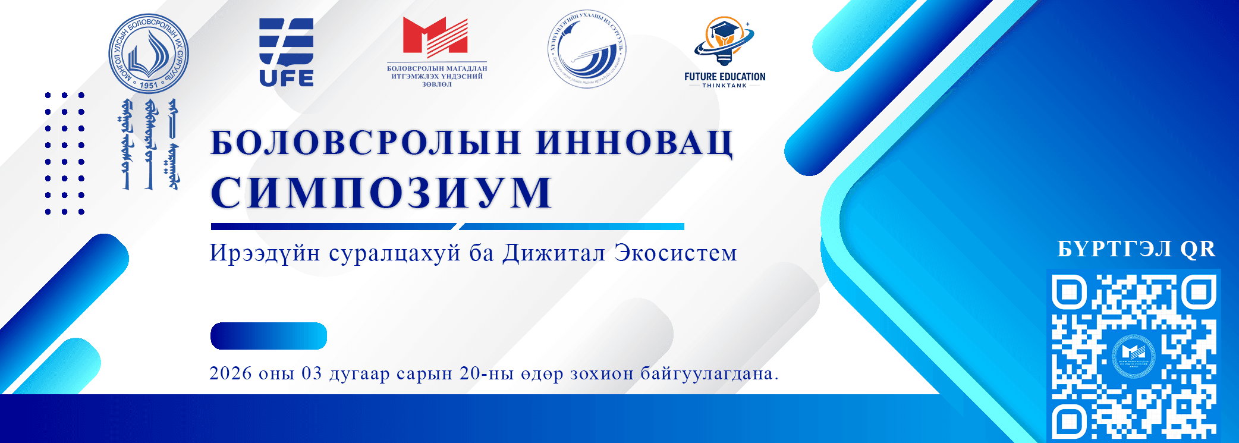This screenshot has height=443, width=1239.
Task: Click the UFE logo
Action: click(x=286, y=52)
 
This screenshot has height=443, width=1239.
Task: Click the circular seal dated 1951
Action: click(x=148, y=54)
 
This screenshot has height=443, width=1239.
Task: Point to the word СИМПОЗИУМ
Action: click(x=381, y=193)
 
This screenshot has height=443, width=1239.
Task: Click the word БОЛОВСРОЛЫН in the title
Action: click(x=366, y=143)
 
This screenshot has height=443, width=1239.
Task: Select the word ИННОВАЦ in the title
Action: click(x=634, y=143)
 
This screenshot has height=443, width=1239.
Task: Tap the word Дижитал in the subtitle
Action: click(x=554, y=253)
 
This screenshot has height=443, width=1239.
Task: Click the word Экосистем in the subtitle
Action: click(x=676, y=253)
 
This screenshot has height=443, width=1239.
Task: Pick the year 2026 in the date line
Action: click(x=231, y=373)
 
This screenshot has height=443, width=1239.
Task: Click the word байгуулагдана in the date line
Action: click(x=709, y=374)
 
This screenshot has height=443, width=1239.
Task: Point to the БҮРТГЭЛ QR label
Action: click(x=1136, y=249)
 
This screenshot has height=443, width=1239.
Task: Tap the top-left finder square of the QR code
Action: click(x=1069, y=292)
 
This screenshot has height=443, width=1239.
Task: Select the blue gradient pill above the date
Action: click(x=269, y=336)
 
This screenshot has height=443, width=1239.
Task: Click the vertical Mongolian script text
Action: click(x=149, y=144)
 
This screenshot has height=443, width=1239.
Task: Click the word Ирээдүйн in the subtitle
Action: click(x=265, y=253)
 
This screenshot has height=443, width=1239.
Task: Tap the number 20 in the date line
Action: click(x=470, y=373)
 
